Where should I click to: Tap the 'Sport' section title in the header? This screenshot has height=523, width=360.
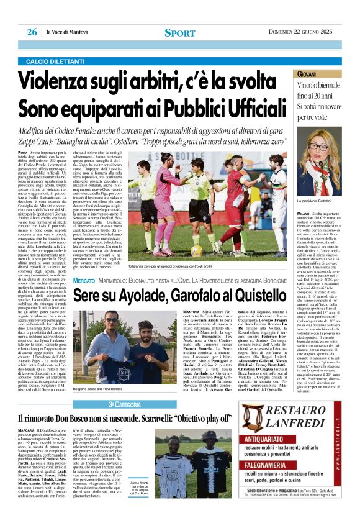(x=180, y=32)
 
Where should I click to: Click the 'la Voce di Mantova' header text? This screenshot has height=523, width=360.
(x=70, y=32)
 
